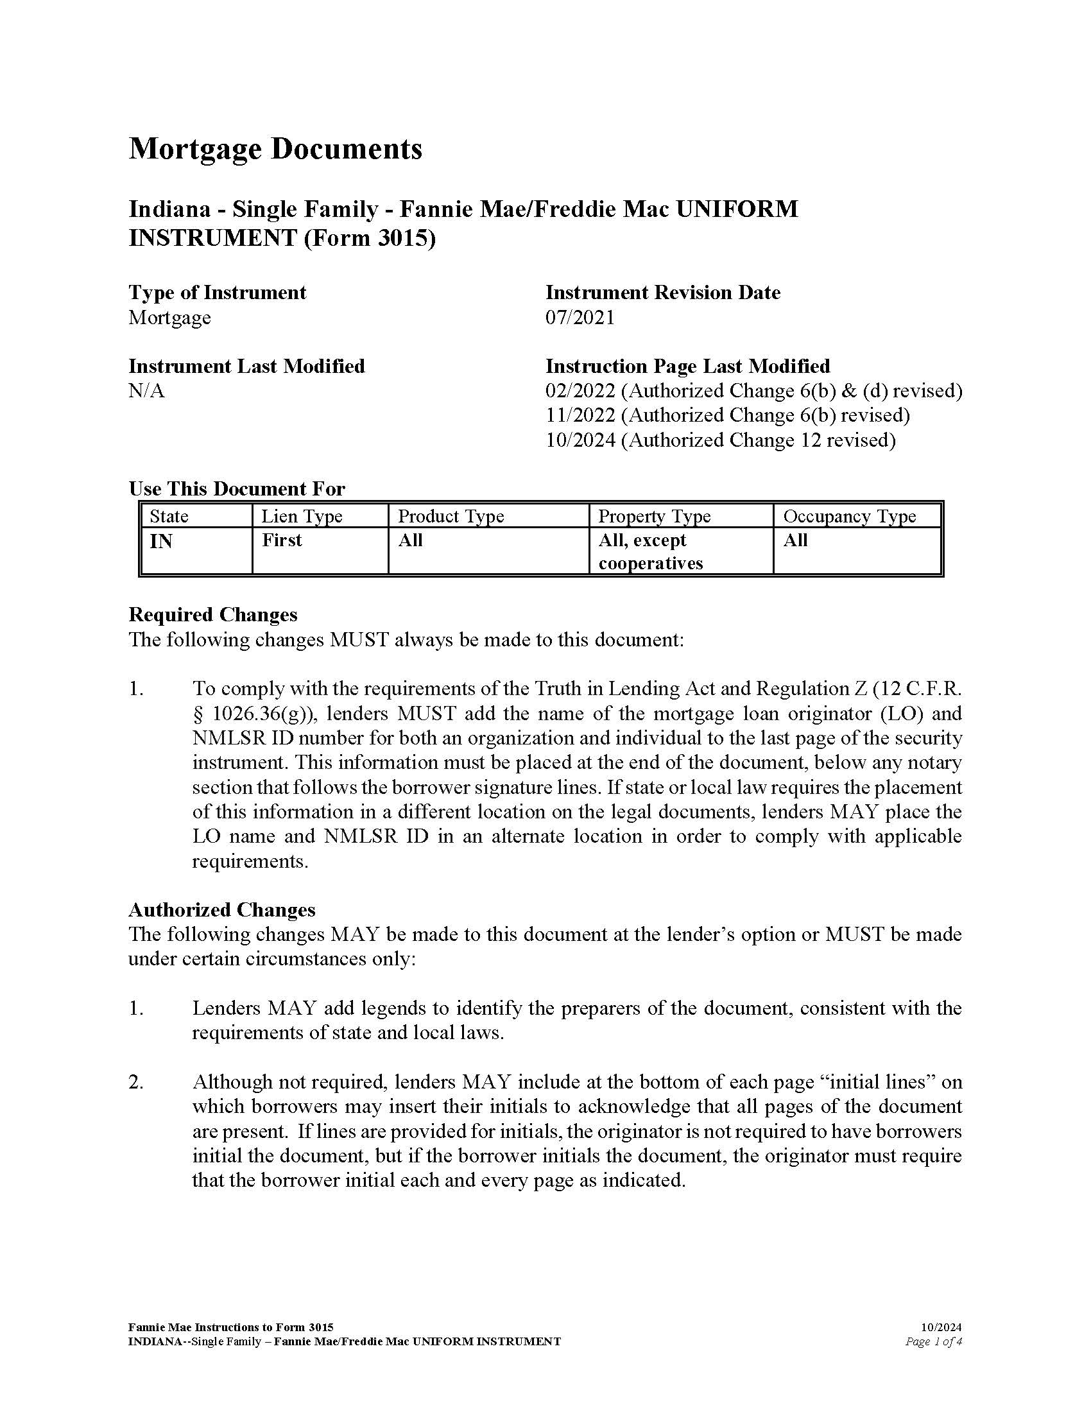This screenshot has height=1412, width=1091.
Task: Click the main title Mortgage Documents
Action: pos(275,149)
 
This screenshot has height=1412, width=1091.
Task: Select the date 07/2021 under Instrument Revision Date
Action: pos(580,318)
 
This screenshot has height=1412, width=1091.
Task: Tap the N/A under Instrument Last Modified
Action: pos(147,391)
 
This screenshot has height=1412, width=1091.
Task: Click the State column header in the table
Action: pos(169,516)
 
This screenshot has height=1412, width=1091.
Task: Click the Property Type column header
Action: pos(654,516)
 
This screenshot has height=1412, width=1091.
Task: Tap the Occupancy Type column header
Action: pos(849,516)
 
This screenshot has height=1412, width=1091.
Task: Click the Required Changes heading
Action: pos(213,614)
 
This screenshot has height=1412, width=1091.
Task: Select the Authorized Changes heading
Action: pos(221,909)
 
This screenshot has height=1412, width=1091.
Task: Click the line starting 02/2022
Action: pos(753,391)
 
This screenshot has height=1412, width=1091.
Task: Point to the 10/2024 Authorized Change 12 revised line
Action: pos(720,440)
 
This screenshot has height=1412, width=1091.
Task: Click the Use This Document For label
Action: pos(237,489)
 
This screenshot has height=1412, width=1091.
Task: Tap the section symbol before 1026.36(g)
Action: pos(198,714)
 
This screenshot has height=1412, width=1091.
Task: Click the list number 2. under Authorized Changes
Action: pos(135,1082)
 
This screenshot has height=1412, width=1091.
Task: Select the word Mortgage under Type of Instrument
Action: pos(169,318)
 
